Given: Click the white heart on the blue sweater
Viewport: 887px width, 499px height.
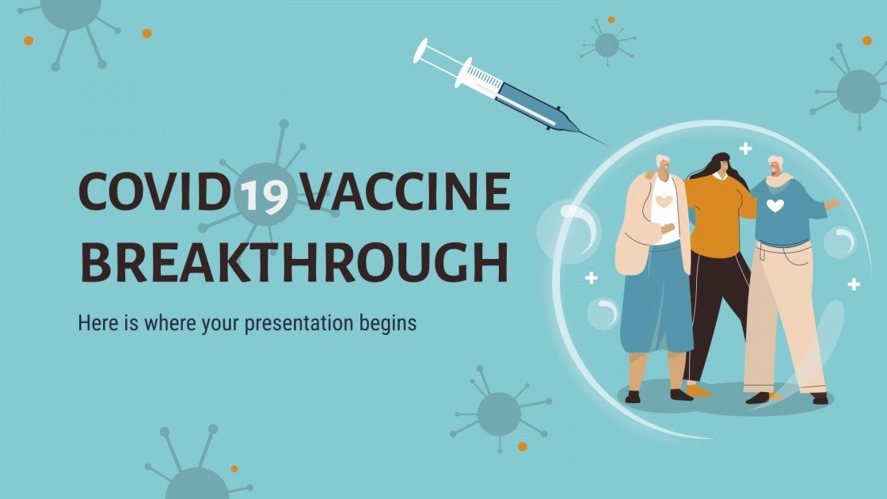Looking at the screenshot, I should pos(775,206).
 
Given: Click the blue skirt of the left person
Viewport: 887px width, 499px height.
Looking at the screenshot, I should pos(656,301).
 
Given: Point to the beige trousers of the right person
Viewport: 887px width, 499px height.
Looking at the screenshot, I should pos(780,317).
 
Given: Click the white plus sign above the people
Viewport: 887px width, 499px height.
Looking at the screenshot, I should pos(745,148).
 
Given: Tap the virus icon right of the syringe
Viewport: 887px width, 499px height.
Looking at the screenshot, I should pos(607,44).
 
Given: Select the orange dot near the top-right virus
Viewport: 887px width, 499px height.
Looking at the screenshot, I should pos(866,40).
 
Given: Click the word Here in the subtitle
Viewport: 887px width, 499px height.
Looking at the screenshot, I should pos(95,323).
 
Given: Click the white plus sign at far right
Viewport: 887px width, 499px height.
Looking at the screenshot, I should pos(854,284).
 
